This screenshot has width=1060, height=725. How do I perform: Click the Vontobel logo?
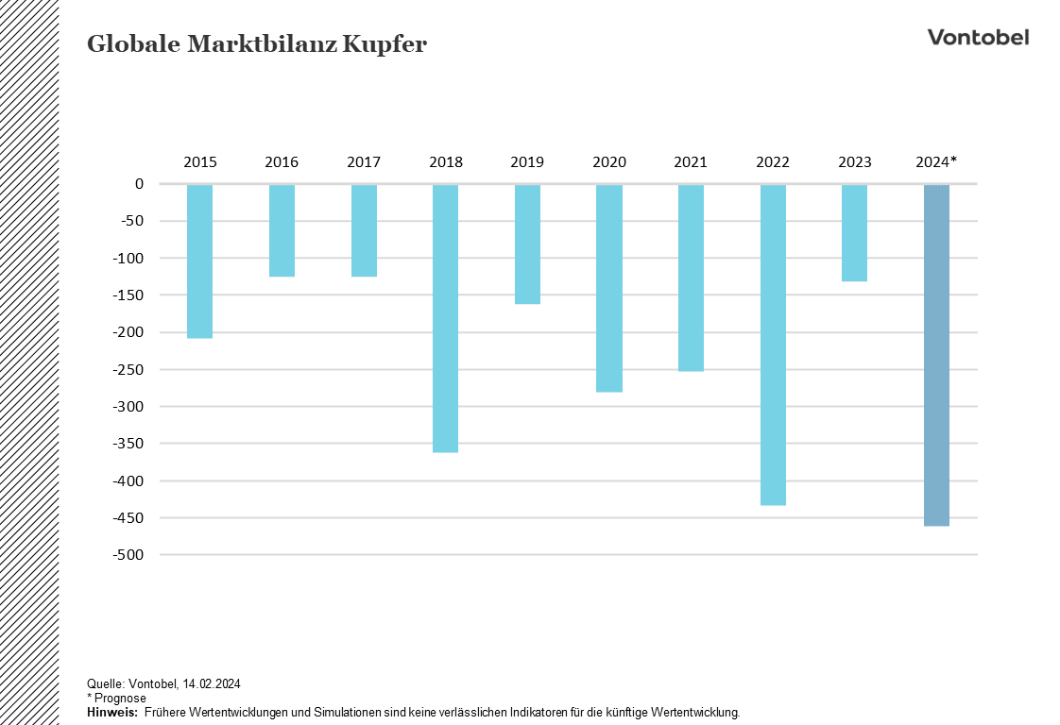978,38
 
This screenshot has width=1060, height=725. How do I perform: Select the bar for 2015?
199,261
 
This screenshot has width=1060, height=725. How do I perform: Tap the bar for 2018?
445,318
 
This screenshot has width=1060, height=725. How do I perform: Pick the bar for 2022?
773,345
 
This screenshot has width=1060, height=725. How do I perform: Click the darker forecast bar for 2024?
936,355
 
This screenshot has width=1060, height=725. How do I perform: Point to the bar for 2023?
854,232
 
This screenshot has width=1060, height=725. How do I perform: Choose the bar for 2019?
527,244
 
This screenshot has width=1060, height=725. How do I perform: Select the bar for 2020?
609,288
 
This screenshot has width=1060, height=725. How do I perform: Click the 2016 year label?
282,162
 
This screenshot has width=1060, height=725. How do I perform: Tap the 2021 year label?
691,162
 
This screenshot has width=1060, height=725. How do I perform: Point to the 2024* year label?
936,162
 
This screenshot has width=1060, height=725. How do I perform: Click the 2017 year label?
364,162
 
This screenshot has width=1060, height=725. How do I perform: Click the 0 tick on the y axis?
139,184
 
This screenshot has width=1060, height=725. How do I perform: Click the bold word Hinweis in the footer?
111,711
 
